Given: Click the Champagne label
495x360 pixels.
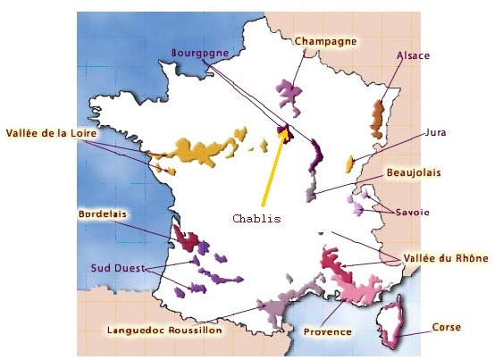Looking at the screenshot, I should (326, 41).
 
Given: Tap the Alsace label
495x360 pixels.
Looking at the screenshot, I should (413, 55).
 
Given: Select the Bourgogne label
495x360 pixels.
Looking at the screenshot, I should (199, 53).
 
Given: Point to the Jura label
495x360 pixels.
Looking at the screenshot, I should (435, 132).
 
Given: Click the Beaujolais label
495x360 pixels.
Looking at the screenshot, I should (414, 172).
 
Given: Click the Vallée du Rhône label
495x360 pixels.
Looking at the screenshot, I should (445, 258).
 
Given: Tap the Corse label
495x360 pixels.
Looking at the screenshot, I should (446, 327).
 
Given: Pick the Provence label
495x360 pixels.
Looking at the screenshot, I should (327, 331).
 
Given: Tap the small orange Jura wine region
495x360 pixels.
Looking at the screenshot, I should (349, 164).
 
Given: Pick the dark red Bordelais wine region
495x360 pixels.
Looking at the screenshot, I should (185, 239).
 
